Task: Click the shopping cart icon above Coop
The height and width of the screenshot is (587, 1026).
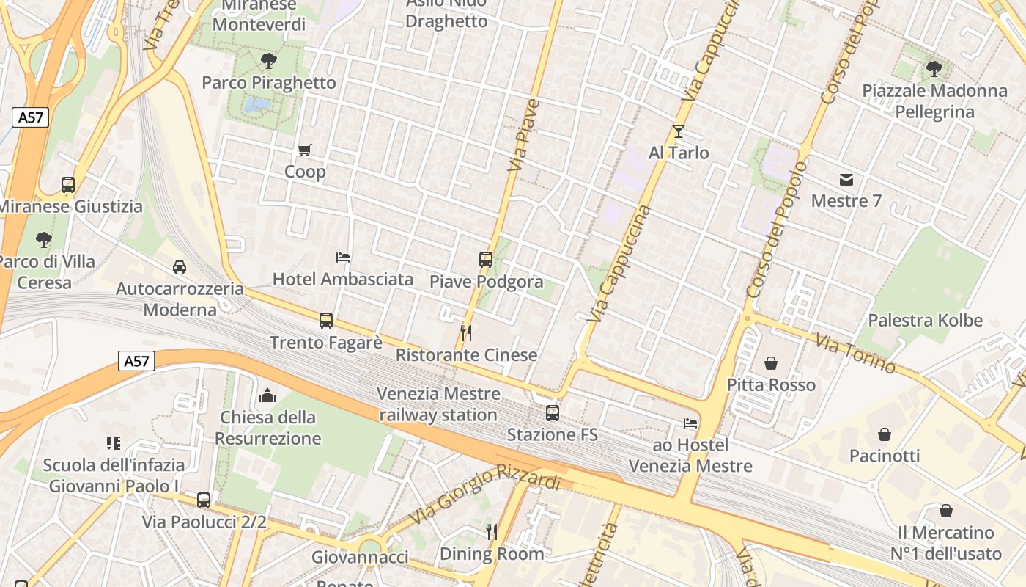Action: [x=305, y=150]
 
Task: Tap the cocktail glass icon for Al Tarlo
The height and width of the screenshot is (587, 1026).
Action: [x=679, y=131]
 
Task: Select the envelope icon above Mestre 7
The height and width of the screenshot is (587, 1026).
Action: [x=846, y=180]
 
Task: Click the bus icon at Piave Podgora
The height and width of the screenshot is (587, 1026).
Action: [x=486, y=259]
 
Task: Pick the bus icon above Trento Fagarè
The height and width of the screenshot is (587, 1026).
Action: [x=326, y=321]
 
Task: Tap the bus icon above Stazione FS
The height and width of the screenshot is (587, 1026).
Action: [x=553, y=413]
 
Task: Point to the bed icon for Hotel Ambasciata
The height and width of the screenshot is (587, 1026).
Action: [x=343, y=258]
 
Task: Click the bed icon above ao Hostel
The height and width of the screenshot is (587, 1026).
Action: [x=690, y=423]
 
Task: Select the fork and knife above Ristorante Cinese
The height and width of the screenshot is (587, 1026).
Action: [x=465, y=333]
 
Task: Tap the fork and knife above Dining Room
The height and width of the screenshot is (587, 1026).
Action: [x=492, y=531]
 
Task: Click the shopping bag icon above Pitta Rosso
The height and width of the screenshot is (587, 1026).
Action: [x=771, y=363]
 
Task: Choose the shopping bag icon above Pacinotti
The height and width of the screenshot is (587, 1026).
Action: [x=885, y=434]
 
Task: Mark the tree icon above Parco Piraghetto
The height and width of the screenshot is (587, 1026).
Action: [x=269, y=61]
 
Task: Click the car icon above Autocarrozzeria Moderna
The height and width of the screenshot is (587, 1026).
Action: [x=180, y=266]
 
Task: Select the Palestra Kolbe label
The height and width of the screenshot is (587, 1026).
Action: [x=925, y=321]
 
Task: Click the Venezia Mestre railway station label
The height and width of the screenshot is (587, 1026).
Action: [x=438, y=404]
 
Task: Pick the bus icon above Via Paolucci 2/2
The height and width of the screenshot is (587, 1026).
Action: [x=204, y=500]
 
